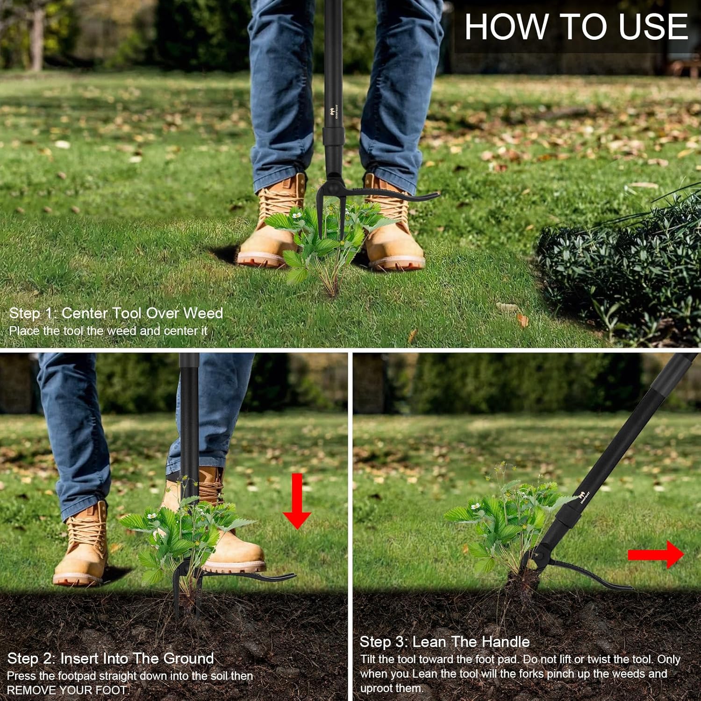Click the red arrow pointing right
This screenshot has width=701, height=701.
(656, 554)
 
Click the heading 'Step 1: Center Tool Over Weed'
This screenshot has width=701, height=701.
(116, 313)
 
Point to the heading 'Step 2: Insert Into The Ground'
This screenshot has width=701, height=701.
(111, 658)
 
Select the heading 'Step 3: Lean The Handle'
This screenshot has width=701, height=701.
(444, 642)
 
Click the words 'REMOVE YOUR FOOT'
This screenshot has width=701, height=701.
(67, 690)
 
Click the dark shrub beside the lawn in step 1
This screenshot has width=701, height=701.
(622, 271)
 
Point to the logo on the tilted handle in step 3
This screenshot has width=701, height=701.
(584, 497)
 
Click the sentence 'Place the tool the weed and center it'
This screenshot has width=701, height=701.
(108, 331)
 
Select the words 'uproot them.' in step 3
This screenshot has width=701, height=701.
(391, 688)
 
